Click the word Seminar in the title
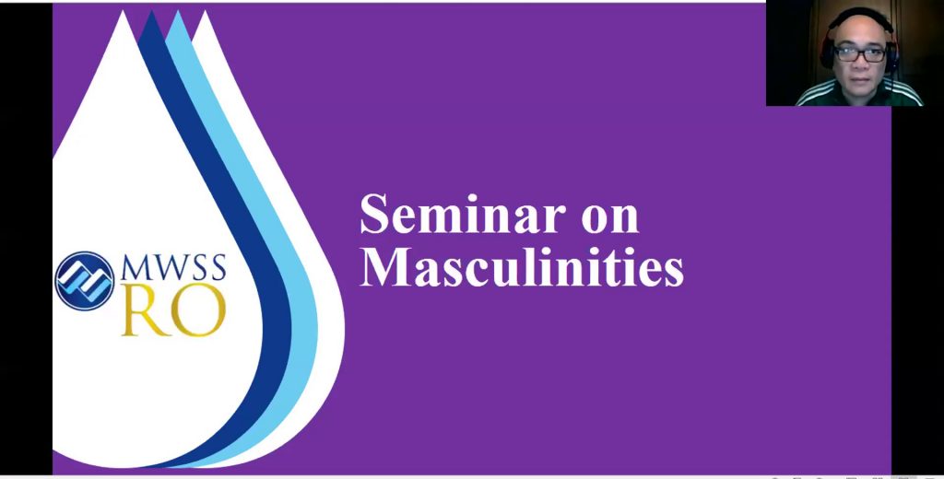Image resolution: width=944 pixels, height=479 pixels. coord(463,215)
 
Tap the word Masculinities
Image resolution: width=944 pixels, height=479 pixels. coord(522,266)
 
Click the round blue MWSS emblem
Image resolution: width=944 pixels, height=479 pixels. coord(85,281)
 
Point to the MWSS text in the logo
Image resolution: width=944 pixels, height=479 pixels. coord(173,268)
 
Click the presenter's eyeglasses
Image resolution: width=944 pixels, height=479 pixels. coord(860,53)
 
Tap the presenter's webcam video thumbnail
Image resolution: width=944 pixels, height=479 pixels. coord(855,53)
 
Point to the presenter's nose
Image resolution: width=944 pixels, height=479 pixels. coord(861,62)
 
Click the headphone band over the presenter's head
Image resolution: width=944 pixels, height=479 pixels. coord(859,13)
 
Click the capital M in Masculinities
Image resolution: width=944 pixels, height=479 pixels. coord(383,265)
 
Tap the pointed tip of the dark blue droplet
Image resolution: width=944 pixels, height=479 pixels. coord(152,12)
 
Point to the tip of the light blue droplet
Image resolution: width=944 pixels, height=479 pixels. coord(178,12)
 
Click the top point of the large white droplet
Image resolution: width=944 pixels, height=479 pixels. coord(124,12)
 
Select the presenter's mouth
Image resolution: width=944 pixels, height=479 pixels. coord(861,77)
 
